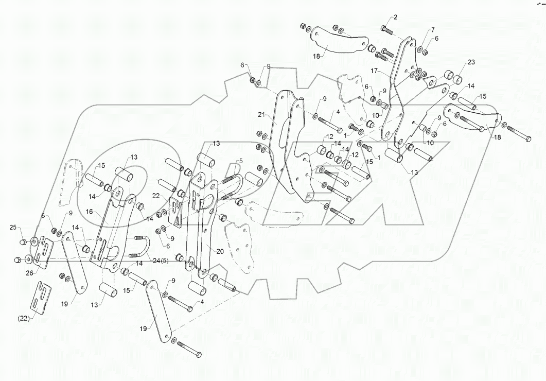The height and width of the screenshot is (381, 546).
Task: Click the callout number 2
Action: [x=395, y=18]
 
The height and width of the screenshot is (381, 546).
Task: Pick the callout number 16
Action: [x=90, y=211]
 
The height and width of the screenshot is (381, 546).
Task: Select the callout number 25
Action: [x=12, y=227]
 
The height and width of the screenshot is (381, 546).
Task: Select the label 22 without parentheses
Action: [x=156, y=196]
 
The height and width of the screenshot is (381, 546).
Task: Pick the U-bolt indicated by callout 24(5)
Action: [x=140, y=248]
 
